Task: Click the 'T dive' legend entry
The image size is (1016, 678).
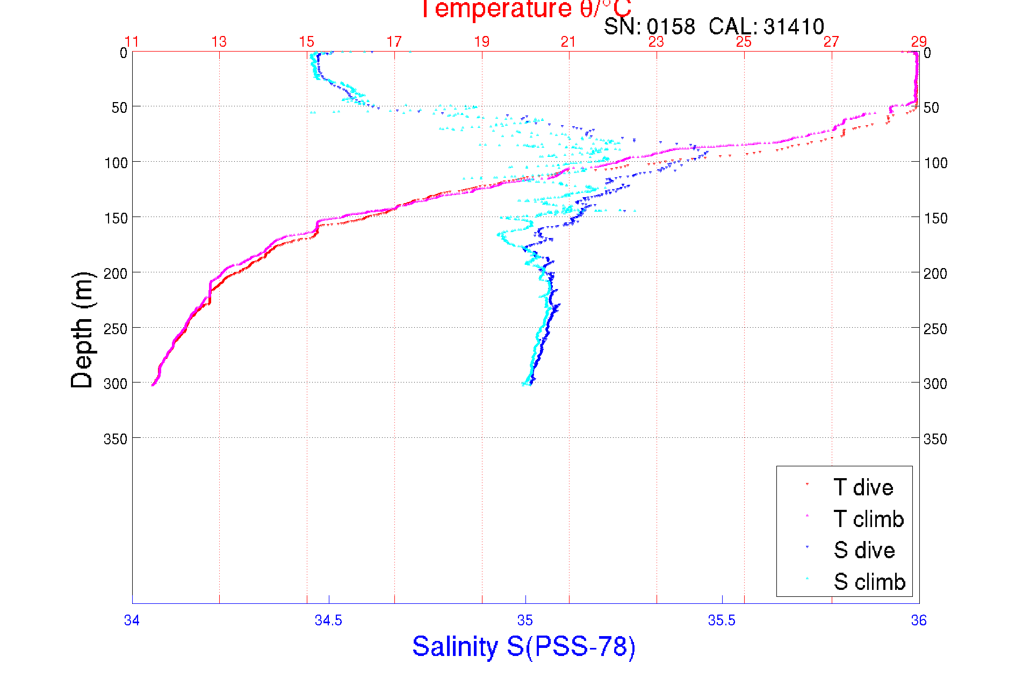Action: [863, 488]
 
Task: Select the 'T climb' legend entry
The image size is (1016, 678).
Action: [868, 519]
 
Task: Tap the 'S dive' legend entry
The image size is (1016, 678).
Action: [864, 550]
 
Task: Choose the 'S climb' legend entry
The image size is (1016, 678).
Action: [869, 582]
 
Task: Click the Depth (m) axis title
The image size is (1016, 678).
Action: [82, 330]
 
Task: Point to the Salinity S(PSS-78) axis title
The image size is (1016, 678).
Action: [524, 646]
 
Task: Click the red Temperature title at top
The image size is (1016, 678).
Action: [525, 10]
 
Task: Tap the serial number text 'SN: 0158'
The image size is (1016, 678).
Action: [649, 26]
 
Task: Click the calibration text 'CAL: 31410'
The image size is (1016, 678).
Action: [766, 26]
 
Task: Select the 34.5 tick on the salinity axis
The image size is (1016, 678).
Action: [328, 621]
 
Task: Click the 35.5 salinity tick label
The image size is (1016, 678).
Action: [722, 621]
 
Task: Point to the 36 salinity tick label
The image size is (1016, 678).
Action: [919, 621]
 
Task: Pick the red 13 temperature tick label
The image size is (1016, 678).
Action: [219, 42]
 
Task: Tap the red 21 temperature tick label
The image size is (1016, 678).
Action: [569, 42]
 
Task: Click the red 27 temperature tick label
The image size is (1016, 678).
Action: [831, 42]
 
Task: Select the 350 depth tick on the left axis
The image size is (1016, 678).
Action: [116, 439]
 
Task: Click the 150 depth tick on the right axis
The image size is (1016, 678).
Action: [935, 218]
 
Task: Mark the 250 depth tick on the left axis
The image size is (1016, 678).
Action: [116, 329]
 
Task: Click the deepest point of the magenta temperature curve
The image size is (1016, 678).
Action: [153, 385]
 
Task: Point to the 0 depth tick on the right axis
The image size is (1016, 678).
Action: [927, 53]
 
